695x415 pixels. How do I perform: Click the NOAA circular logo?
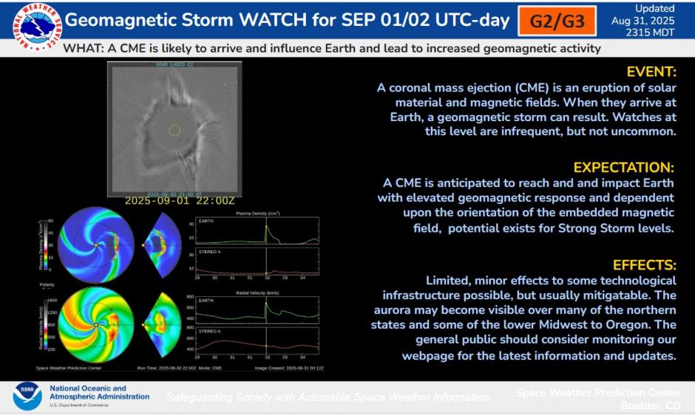[27, 397]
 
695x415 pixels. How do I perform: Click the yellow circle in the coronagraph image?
[174, 131]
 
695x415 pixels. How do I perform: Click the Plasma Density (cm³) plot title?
[257, 213]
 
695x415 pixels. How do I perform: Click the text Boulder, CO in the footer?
[651, 405]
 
